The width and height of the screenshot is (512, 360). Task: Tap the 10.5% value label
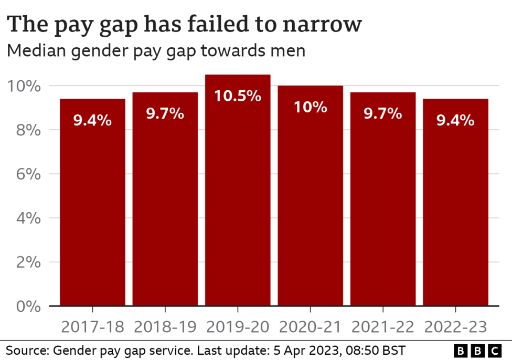[x=238, y=96]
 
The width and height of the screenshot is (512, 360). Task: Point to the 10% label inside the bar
[x=310, y=107]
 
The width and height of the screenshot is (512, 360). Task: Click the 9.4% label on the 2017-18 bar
[x=92, y=120]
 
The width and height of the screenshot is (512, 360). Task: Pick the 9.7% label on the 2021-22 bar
[x=382, y=113]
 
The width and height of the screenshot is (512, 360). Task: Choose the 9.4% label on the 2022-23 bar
[x=455, y=120]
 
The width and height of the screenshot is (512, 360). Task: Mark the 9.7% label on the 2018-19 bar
[x=165, y=113]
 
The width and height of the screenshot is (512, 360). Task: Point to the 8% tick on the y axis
[x=25, y=130]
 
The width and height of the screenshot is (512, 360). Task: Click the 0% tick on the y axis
[x=25, y=306]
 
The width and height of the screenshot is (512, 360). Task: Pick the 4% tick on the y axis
[x=25, y=218]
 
